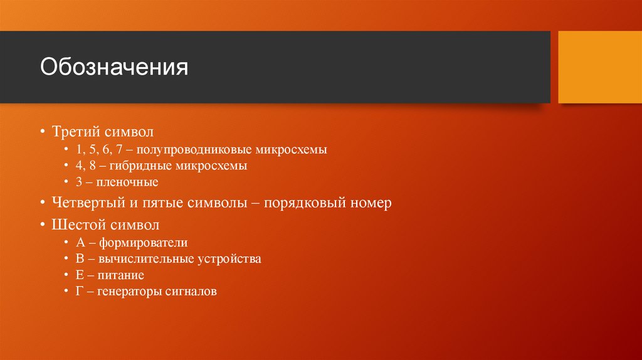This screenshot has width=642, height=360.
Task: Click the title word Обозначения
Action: pos(114,68)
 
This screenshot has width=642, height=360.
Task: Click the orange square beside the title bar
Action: pos(599,67)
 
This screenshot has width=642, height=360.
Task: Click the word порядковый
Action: pos(303,203)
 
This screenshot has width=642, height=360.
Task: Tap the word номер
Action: pos(370,203)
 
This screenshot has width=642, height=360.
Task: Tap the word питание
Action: pos(121,275)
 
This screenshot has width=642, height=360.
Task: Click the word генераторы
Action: pos(127,292)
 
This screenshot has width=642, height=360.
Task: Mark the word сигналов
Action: pos(191,292)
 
